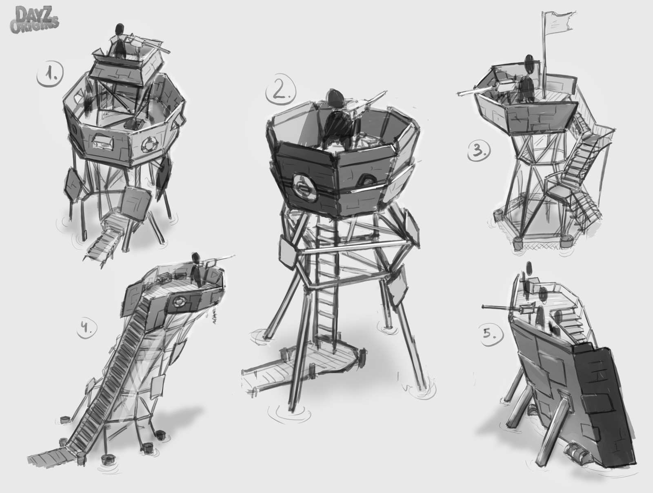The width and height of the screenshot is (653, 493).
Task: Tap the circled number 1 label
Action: [x=50, y=77]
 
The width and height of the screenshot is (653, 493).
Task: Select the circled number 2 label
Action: [x=280, y=90]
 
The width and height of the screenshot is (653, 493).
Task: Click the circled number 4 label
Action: [x=87, y=328]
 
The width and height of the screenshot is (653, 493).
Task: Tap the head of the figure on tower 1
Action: [x=120, y=29]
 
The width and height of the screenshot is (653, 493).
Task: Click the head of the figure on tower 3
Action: [x=529, y=63]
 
